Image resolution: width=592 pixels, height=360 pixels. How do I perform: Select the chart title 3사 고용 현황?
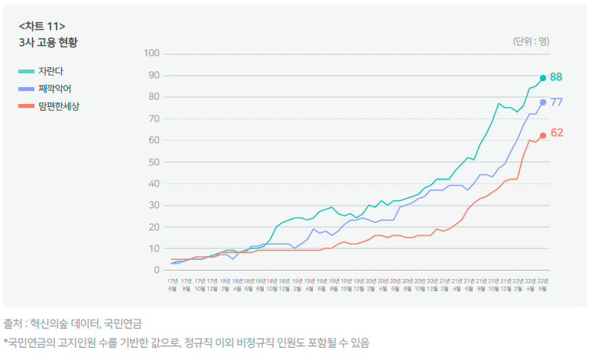(x=48, y=43)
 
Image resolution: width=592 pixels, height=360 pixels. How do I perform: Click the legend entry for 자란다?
(x=50, y=71)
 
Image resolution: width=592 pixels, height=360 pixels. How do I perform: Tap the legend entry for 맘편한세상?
(x=59, y=106)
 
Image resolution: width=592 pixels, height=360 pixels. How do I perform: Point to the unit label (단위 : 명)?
(x=531, y=41)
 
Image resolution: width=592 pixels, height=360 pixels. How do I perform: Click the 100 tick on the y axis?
(x=151, y=54)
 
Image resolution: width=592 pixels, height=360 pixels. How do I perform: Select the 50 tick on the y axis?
(x=152, y=162)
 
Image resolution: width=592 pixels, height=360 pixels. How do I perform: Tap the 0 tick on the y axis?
(x=155, y=271)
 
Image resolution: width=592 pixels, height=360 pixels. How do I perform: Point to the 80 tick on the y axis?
(x=152, y=97)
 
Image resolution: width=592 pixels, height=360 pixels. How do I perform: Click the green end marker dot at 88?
(x=543, y=78)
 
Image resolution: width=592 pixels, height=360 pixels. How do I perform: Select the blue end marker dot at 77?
(x=543, y=102)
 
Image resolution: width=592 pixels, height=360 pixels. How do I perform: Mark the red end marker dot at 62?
(x=543, y=135)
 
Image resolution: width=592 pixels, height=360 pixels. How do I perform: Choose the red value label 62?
(x=557, y=133)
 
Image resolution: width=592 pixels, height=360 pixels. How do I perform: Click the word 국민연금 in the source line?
(x=123, y=324)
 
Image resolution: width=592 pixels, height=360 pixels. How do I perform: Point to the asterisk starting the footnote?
(x=5, y=342)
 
